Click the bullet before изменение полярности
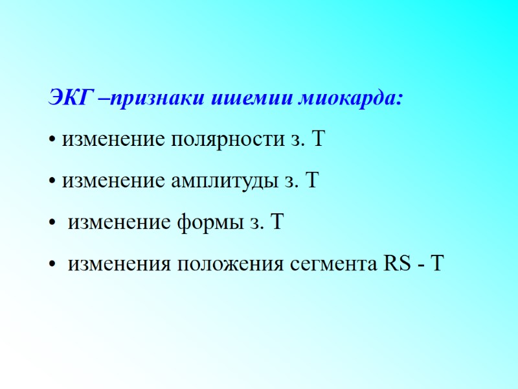click(52, 141)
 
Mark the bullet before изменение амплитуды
click(52, 182)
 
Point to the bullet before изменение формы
click(52, 224)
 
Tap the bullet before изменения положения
click(52, 266)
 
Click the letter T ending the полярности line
click(318, 139)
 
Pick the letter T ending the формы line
click(278, 223)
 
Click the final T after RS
click(437, 265)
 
